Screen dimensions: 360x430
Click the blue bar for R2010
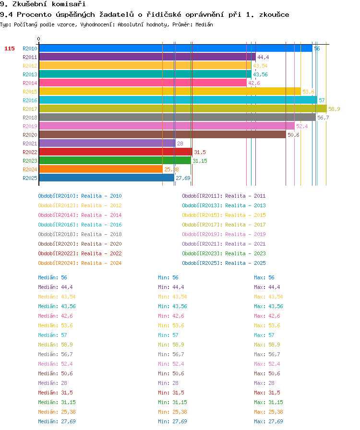click(176, 48)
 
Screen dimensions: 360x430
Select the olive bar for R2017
click(183, 109)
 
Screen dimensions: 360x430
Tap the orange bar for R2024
click(101, 169)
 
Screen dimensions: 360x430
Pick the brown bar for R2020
click(162, 135)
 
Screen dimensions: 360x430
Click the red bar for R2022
click(116, 152)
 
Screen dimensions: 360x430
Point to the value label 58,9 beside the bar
click(334, 109)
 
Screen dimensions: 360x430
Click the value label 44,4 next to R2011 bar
click(263, 57)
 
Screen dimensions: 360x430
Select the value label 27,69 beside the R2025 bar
click(183, 178)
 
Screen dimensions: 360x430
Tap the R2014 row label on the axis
click(30, 83)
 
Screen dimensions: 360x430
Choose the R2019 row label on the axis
click(30, 126)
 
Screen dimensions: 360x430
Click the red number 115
click(9, 48)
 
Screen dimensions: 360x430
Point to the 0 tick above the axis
click(39, 39)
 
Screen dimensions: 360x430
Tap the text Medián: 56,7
click(55, 354)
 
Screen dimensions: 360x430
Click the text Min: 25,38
click(172, 412)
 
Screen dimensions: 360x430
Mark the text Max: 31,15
click(268, 402)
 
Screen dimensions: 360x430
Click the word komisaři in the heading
click(69, 4)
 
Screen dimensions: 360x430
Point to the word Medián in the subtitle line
click(204, 24)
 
